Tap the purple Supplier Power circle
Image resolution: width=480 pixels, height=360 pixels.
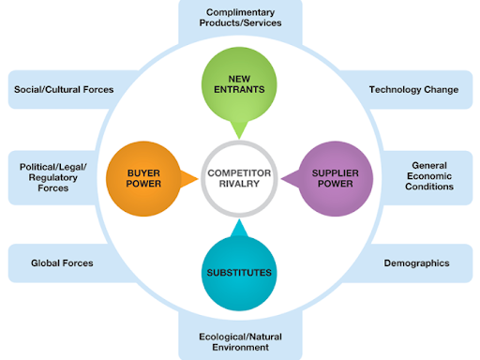tap(335, 178)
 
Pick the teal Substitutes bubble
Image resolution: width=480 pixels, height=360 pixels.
tap(239, 273)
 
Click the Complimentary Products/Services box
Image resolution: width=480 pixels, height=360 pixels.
tap(239, 16)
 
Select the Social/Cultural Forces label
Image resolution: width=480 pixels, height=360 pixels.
tap(64, 90)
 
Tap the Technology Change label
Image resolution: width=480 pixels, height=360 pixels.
tap(413, 90)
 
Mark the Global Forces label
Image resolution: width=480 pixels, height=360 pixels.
tap(62, 263)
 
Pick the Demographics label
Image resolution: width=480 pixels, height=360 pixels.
tap(416, 263)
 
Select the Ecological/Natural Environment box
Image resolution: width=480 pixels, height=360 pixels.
tap(239, 340)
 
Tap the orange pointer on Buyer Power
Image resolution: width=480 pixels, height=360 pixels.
tap(191, 178)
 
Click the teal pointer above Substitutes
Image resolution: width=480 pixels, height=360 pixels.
tap(239, 228)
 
